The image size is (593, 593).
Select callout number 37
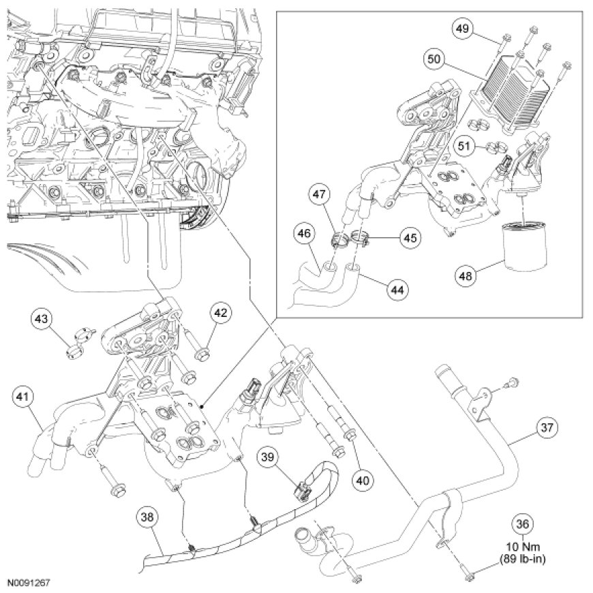pos(548,427)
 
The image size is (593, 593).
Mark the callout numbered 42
pos(220,314)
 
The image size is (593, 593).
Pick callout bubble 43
pos(42,319)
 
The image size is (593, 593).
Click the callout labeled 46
pos(304,232)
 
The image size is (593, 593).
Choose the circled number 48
pos(466,276)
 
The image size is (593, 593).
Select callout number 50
pos(434,59)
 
